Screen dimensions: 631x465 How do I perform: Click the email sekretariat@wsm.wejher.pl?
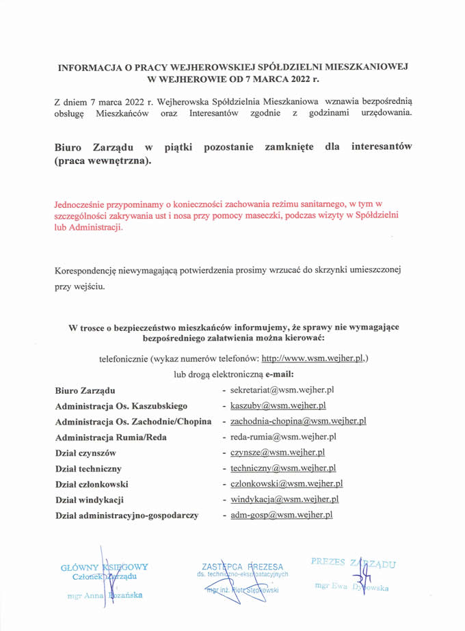click(x=282, y=390)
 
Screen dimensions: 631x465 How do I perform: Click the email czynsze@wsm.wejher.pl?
click(x=278, y=453)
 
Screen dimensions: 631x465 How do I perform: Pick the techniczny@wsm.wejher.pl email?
click(x=283, y=468)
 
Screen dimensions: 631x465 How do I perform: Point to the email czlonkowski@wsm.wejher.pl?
click(x=287, y=484)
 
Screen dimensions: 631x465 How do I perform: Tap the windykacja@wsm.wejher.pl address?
click(x=284, y=500)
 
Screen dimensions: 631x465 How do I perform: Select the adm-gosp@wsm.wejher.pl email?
click(x=281, y=515)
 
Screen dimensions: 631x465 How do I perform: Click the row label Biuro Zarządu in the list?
click(x=85, y=390)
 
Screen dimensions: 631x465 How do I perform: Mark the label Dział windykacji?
click(x=89, y=500)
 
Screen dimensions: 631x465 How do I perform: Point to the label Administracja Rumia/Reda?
click(x=111, y=438)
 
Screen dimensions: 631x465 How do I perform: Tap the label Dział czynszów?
click(x=85, y=453)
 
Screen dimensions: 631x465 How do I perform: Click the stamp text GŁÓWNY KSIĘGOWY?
click(x=104, y=567)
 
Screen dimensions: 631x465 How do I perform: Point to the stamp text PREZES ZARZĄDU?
click(x=353, y=563)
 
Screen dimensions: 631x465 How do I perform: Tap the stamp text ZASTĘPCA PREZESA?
click(x=242, y=567)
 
